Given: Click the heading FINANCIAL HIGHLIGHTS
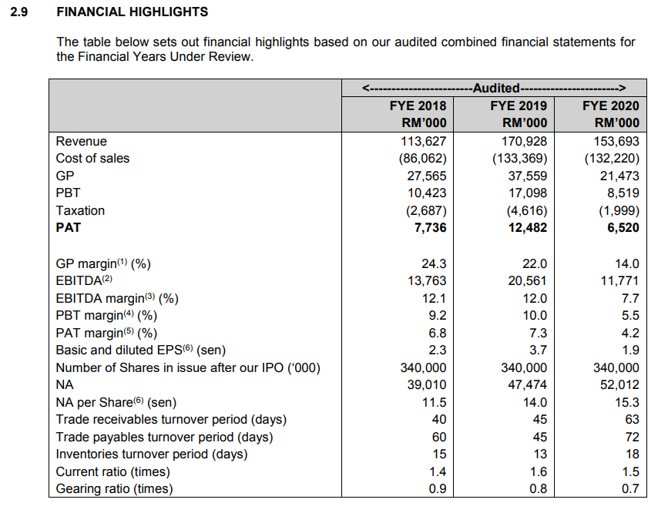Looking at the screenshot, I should click(x=133, y=12).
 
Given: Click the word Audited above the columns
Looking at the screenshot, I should click(x=497, y=88).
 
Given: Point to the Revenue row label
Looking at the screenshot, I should click(x=81, y=141).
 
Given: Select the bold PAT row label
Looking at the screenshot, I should click(x=68, y=227).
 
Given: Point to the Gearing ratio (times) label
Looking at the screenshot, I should click(x=114, y=488).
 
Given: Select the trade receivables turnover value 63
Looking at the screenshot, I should click(x=631, y=419).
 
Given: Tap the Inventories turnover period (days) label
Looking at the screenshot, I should click(x=152, y=454).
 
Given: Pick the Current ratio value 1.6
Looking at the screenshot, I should click(x=538, y=471).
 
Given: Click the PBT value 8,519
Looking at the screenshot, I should click(x=623, y=193).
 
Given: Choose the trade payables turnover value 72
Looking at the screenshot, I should click(x=631, y=437).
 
